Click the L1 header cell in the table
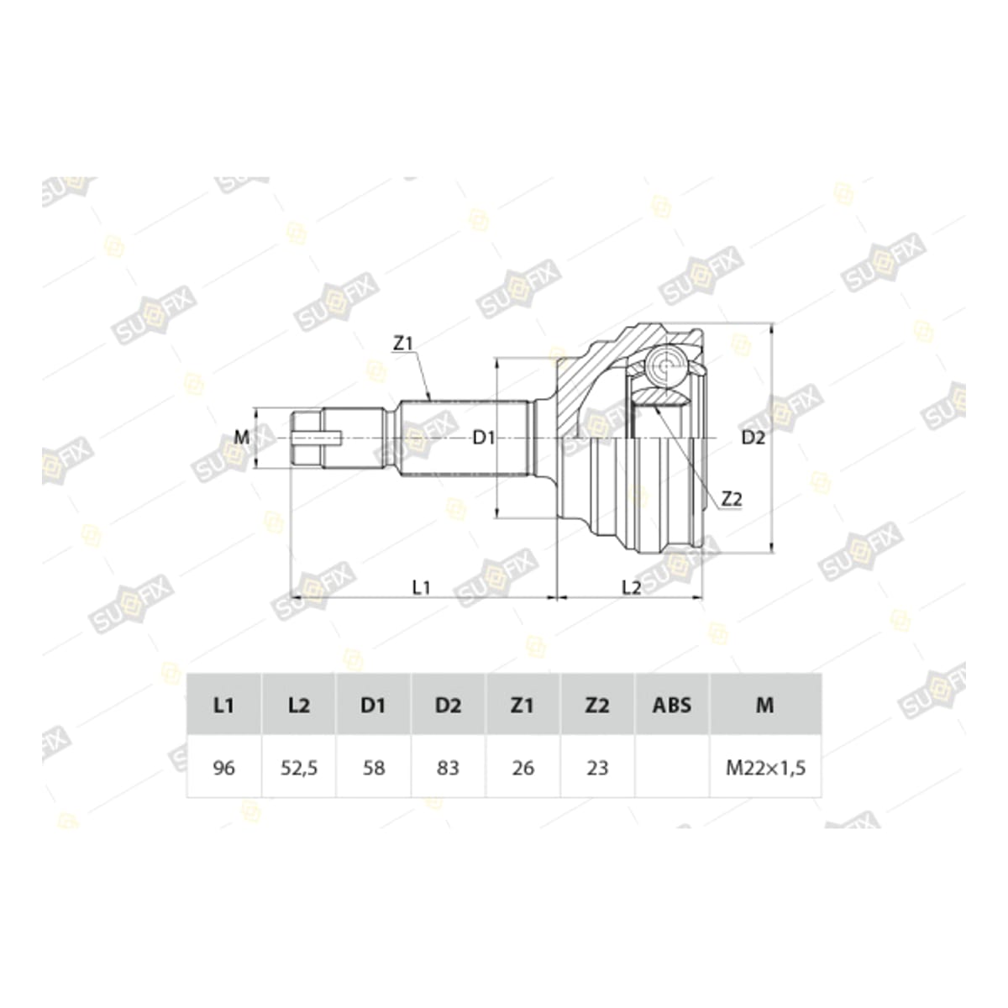(x=224, y=705)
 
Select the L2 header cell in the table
(x=299, y=705)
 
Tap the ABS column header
(x=672, y=705)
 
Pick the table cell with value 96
(x=224, y=768)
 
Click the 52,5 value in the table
(x=299, y=768)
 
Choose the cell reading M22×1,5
(x=765, y=768)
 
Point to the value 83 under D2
(x=448, y=768)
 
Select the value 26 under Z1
(x=522, y=768)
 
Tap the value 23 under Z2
(x=597, y=768)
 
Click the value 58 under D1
(x=374, y=768)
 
